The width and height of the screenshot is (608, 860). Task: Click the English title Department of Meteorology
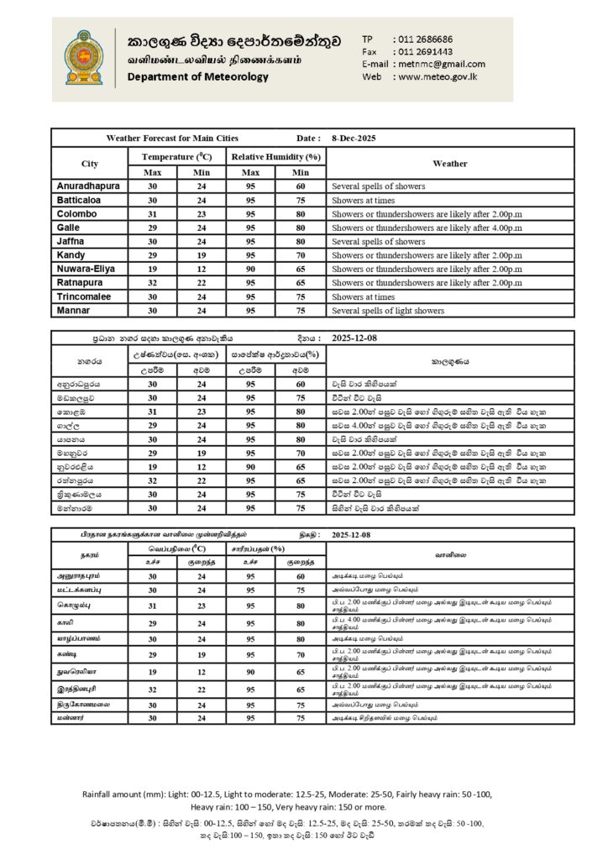pos(198,77)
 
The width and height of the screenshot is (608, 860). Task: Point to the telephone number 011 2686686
pos(422,39)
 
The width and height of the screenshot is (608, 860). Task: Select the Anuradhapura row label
pos(88,186)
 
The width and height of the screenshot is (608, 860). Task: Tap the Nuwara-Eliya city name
pos(86,269)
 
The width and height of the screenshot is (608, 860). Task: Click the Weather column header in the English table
pos(450,164)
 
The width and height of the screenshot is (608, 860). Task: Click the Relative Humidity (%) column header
pos(276,157)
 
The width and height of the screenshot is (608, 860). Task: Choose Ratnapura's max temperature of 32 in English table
pos(153,283)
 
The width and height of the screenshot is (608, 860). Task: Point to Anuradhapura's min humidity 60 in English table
pos(301,186)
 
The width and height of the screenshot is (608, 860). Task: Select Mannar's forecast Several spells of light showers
pos(388,311)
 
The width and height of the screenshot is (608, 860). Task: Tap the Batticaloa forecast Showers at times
pos(364,200)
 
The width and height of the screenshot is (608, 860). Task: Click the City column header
pos(90,164)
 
